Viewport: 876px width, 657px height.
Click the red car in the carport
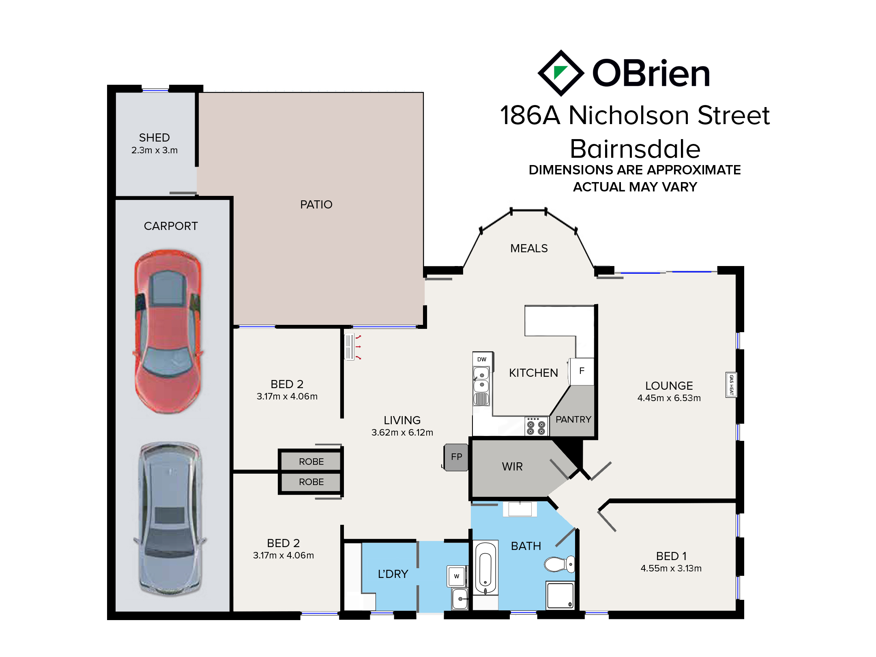coord(168,331)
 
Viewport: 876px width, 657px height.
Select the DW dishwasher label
coord(482,359)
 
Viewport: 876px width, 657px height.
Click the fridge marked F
coord(582,371)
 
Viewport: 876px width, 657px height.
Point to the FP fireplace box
coord(456,457)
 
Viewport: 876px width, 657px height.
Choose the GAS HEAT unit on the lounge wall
coord(731,384)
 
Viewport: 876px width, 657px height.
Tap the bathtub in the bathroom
coord(486,568)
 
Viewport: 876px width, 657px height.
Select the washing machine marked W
coord(457,576)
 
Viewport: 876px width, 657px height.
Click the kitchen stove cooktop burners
coord(536,426)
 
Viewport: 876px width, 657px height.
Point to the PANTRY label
coord(573,419)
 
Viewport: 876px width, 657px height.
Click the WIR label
coord(512,466)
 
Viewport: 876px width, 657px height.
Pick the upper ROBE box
coord(311,461)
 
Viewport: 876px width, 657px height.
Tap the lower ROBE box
coord(311,482)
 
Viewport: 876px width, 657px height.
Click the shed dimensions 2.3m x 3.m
coord(155,150)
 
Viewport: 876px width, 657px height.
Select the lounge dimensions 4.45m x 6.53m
coord(669,398)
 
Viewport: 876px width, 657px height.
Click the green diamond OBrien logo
coord(561,73)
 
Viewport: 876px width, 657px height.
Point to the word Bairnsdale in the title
coord(635,149)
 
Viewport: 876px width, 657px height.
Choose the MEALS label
coord(529,248)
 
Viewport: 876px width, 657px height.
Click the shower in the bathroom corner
coord(560,595)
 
